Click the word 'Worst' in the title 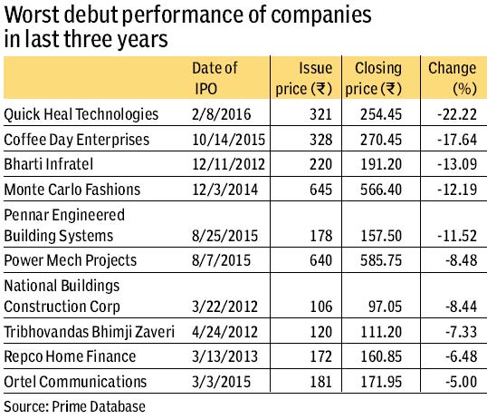32,15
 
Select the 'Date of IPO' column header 215,78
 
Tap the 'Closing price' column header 373,78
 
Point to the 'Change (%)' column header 453,78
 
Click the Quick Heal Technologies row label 81,114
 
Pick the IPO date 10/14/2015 229,140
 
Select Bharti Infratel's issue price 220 320,164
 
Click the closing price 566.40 381,190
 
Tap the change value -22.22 457,114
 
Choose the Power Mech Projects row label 71,260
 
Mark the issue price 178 321,236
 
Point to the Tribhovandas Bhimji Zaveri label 89,332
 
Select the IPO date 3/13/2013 224,356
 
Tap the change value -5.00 462,382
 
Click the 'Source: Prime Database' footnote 74,406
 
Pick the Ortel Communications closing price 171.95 381,382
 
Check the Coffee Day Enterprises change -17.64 457,140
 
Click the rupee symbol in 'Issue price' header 321,89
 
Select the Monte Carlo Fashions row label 72,190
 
